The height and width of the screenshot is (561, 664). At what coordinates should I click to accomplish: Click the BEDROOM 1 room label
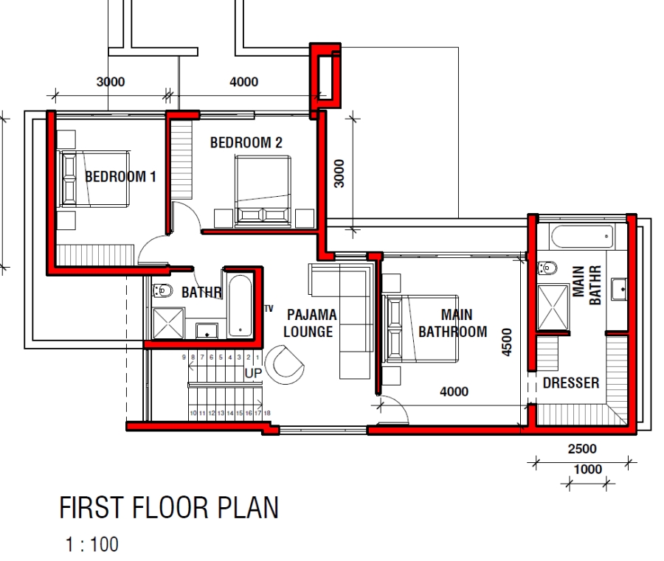point(120,177)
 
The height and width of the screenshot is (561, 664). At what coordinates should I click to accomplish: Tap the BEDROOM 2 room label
point(246,143)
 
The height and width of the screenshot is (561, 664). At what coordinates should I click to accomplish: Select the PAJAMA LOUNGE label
point(310,324)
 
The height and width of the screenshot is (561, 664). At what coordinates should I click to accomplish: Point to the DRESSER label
point(570,383)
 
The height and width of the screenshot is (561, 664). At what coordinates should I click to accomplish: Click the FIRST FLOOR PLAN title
point(169,509)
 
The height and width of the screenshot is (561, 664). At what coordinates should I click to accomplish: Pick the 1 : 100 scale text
point(91,546)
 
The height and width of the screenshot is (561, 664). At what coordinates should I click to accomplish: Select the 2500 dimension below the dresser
point(583,448)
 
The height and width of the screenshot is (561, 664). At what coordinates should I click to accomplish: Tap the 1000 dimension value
point(587,470)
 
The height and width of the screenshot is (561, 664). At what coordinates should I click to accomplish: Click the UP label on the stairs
point(253,374)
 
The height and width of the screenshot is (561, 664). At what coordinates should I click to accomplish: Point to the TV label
point(269,308)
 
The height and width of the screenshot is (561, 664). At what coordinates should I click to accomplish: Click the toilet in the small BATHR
point(162,292)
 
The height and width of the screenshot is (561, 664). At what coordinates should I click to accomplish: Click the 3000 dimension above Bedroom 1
point(111,82)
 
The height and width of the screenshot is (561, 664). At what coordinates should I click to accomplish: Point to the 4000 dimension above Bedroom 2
point(244,82)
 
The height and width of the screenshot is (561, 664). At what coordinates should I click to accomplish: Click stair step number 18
point(267,414)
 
